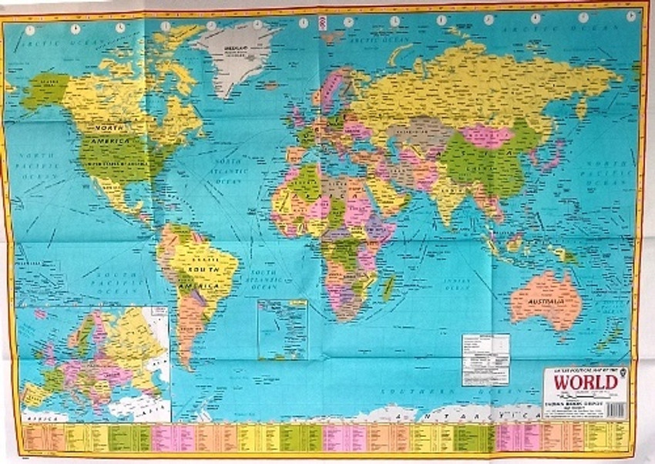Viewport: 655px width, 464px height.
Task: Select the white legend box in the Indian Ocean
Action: click(485, 359)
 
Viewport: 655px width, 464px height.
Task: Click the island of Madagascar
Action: click(389, 287)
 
